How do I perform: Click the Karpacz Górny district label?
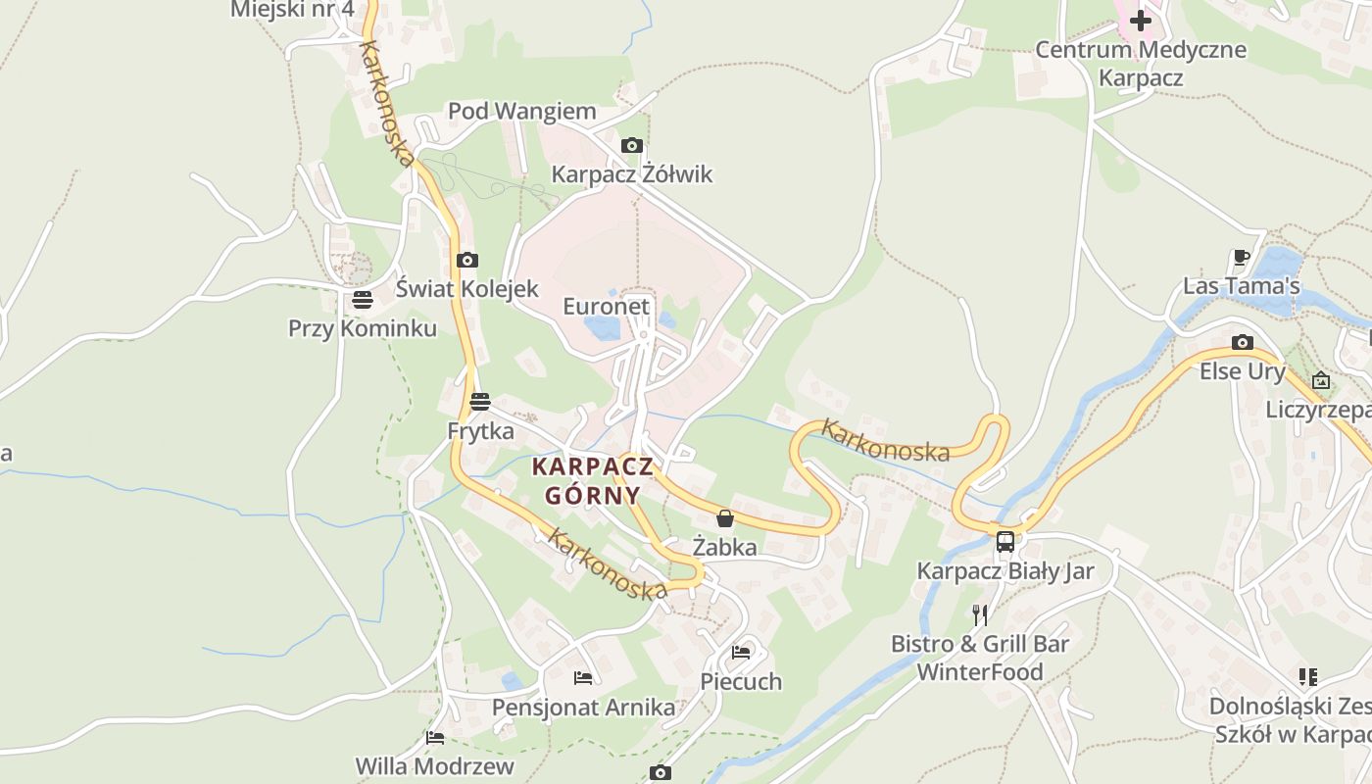pyautogui.click(x=592, y=480)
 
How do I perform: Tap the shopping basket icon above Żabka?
pyautogui.click(x=725, y=518)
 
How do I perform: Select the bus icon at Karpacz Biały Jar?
pyautogui.click(x=1004, y=541)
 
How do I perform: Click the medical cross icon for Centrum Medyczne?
pyautogui.click(x=1141, y=20)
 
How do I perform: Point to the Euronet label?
pyautogui.click(x=606, y=307)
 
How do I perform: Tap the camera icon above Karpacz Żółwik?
pyautogui.click(x=632, y=146)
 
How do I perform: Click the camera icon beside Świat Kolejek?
pyautogui.click(x=467, y=260)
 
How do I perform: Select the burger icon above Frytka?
pyautogui.click(x=479, y=402)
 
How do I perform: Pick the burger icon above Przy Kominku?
pyautogui.click(x=363, y=300)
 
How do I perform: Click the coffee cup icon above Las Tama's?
pyautogui.click(x=1241, y=258)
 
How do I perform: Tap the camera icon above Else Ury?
pyautogui.click(x=1242, y=342)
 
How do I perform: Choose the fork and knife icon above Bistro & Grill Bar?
pyautogui.click(x=979, y=615)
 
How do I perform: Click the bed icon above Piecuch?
pyautogui.click(x=741, y=653)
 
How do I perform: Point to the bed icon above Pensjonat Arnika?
pyautogui.click(x=583, y=677)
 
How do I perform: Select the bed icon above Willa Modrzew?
pyautogui.click(x=435, y=737)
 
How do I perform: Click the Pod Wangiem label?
pyautogui.click(x=522, y=112)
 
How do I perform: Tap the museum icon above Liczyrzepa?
pyautogui.click(x=1321, y=380)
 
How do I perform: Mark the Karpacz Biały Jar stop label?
pyautogui.click(x=1004, y=571)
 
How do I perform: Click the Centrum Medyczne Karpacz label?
pyautogui.click(x=1141, y=64)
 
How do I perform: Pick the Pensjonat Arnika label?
pyautogui.click(x=583, y=708)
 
